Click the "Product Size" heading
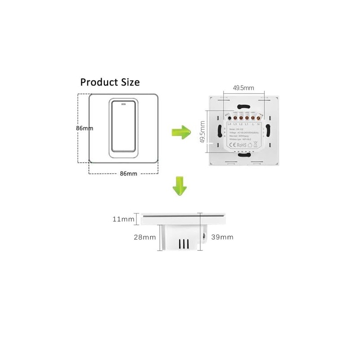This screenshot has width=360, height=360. [110, 82]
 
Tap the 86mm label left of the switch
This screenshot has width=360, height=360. [84, 128]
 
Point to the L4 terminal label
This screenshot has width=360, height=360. [229, 123]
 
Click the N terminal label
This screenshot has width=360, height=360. [259, 123]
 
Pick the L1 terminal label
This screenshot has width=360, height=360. [247, 123]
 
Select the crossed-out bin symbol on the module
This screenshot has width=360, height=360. [256, 145]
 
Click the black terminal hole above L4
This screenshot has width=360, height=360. [229, 118]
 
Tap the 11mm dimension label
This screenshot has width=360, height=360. [124, 219]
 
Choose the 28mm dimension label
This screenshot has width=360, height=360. [144, 237]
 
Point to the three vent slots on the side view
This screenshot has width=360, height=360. [183, 243]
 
